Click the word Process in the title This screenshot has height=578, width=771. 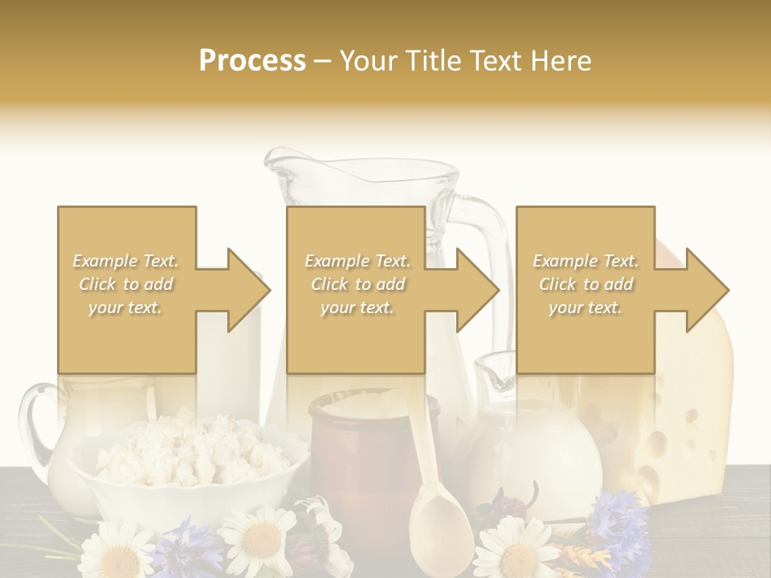pos(252,60)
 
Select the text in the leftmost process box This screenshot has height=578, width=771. pos(126,283)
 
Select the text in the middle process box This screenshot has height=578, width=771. pos(357,283)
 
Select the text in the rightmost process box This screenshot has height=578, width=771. pos(585,283)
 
